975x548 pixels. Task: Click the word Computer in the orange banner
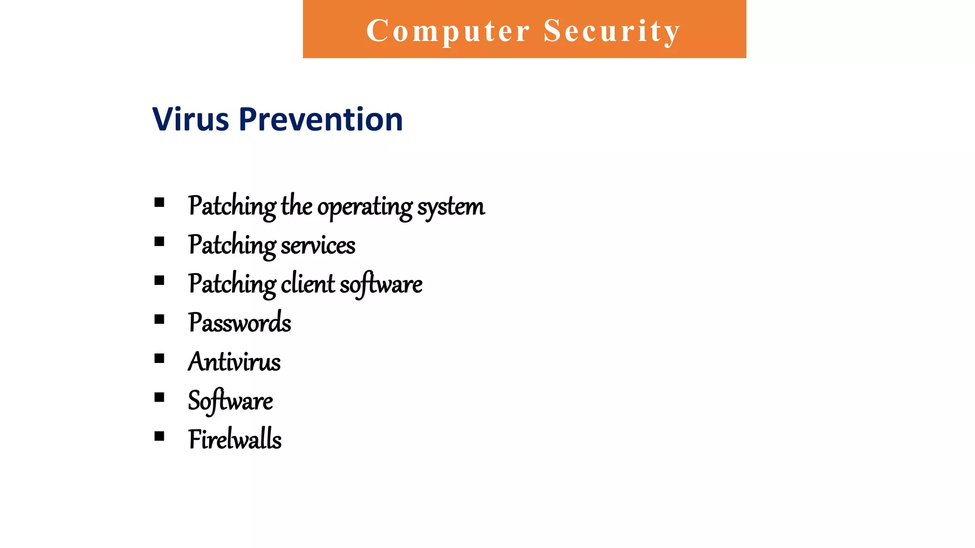[448, 31]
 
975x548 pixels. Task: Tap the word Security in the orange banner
[612, 31]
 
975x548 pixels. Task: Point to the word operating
[365, 207]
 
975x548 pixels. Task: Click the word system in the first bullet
[451, 207]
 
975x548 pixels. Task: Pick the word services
[318, 246]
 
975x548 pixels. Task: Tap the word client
[308, 284]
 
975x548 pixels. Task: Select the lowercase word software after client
[381, 285]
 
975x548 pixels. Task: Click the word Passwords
[239, 323]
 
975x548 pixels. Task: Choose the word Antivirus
[234, 362]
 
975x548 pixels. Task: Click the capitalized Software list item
[230, 401]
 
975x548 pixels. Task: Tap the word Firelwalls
[235, 440]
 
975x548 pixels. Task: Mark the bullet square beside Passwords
[159, 319]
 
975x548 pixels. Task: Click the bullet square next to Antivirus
[159, 358]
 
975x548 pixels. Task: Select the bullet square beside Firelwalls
[159, 436]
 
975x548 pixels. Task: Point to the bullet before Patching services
[159, 242]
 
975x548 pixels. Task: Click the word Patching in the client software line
[232, 285]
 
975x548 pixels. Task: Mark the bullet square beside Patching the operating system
[159, 203]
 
